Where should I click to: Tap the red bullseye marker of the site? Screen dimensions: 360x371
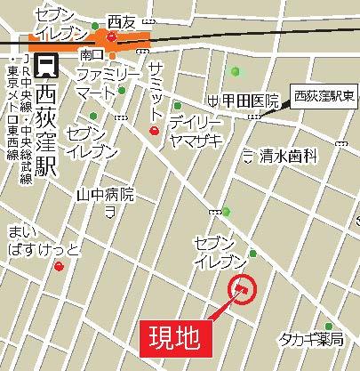tap(242, 289)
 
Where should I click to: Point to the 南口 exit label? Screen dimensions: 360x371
tap(92, 54)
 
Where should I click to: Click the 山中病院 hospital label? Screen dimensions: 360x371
tap(105, 194)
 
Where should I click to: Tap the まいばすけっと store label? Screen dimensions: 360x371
tap(43, 240)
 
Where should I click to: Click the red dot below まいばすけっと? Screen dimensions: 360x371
tap(59, 265)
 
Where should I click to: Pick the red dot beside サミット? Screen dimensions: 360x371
tap(155, 131)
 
